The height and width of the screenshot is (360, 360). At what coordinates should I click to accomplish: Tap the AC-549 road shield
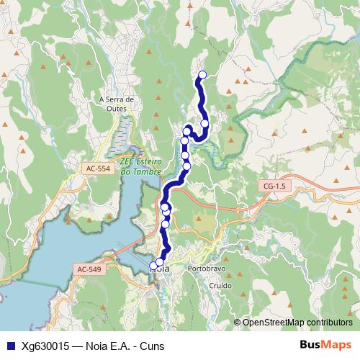87,269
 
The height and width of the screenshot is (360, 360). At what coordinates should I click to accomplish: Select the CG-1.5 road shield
274,186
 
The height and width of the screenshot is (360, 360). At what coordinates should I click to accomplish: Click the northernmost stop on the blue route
202,75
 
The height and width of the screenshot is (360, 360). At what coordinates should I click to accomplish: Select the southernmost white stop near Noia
153,266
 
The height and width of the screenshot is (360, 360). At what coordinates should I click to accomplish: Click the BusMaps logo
325,346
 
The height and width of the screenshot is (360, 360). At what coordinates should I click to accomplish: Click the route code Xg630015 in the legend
45,346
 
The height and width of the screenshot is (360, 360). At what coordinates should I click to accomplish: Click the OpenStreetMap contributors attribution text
297,323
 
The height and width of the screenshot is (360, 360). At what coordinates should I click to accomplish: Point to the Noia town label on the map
163,269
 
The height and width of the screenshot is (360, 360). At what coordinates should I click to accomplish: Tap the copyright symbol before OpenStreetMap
238,323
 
